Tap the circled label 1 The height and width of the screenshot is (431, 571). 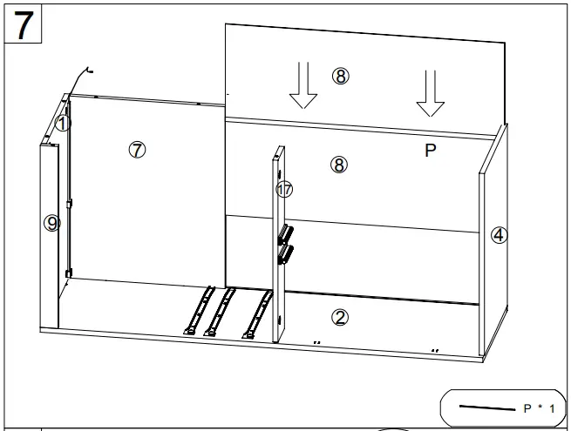[x=62, y=124]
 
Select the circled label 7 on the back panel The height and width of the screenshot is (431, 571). [x=137, y=149]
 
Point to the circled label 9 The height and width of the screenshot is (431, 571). [x=52, y=224]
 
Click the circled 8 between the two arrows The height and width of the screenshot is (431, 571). [x=340, y=76]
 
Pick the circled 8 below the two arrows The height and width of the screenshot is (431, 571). [x=340, y=163]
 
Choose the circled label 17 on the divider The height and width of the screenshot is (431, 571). [x=284, y=189]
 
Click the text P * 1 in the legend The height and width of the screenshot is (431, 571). [x=540, y=407]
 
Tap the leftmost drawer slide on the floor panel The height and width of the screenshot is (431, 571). [x=199, y=312]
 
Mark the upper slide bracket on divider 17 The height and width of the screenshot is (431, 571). [x=286, y=234]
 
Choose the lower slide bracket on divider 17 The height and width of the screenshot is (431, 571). [x=286, y=253]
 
